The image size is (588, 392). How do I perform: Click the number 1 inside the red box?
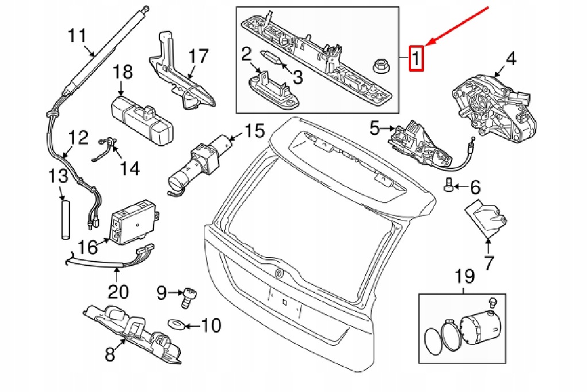click(x=416, y=58)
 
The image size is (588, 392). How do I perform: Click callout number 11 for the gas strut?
click(x=76, y=36)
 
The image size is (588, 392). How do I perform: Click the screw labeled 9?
click(x=185, y=296)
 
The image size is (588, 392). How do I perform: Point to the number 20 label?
click(x=118, y=292)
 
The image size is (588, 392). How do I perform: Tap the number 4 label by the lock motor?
click(x=510, y=59)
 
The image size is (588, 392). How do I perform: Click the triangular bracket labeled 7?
click(x=485, y=218)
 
